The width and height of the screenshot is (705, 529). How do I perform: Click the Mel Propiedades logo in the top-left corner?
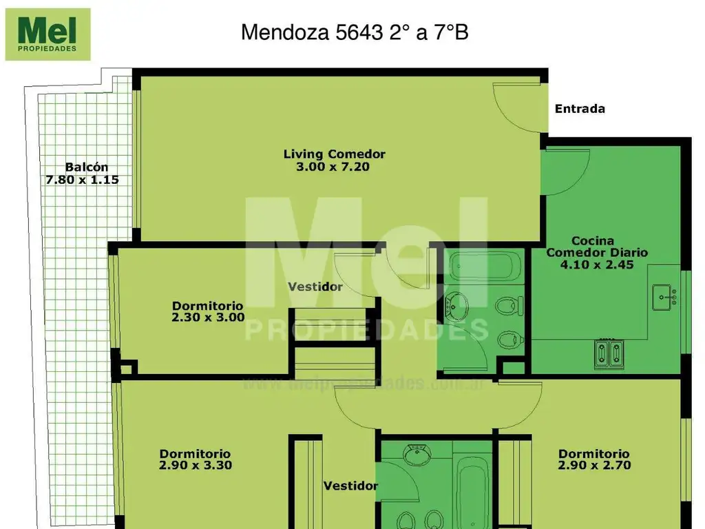click(48, 34)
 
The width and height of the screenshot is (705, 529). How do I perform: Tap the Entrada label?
click(580, 109)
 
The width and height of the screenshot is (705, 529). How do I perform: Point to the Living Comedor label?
click(334, 154)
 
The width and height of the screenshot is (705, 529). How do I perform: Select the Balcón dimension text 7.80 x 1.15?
click(83, 180)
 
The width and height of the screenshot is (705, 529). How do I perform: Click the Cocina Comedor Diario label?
click(597, 247)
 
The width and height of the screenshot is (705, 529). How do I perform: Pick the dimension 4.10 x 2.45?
click(597, 264)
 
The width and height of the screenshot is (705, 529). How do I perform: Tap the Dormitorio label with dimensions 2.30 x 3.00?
click(207, 306)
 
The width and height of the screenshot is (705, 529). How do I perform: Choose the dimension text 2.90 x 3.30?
click(196, 465)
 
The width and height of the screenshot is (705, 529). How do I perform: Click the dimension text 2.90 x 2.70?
click(594, 465)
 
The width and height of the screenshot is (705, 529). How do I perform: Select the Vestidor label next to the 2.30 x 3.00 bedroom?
click(315, 287)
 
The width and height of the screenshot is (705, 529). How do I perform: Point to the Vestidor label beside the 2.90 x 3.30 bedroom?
click(351, 486)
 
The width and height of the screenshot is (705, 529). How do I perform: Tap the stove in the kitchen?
click(610, 354)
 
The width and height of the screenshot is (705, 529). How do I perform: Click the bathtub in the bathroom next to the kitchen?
click(481, 265)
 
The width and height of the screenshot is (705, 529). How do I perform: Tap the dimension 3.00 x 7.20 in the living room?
click(334, 166)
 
